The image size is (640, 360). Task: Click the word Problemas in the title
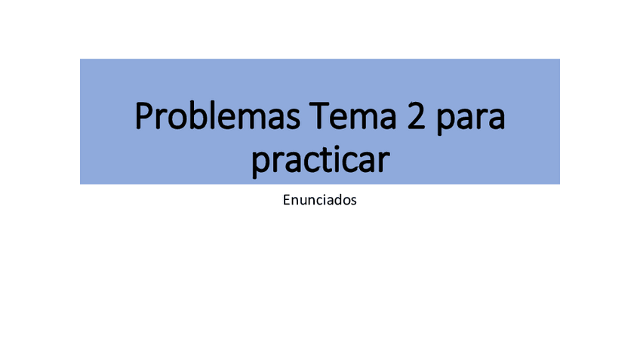point(217,116)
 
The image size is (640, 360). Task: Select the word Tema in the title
point(352,116)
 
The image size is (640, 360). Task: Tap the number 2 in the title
point(417,116)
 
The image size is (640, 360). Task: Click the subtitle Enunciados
point(319,200)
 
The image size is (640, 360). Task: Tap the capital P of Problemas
point(144,116)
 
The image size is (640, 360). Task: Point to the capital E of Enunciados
point(287,200)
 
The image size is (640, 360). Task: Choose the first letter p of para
point(445,122)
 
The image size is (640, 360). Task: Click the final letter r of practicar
point(383,162)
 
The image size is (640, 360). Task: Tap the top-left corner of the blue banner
point(80,59)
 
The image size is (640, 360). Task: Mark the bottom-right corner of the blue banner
point(559,183)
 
